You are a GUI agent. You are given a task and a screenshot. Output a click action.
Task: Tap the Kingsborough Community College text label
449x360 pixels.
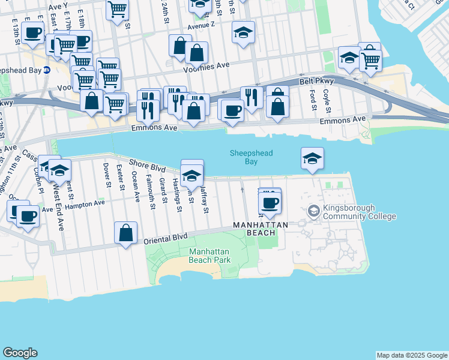coord(360,212)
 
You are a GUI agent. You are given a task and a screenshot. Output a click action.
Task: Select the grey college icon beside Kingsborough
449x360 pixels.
coord(313,211)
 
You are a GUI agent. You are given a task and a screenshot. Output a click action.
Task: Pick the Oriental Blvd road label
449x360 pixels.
coord(166,239)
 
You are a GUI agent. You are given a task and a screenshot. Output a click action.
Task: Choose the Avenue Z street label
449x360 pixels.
coord(200,26)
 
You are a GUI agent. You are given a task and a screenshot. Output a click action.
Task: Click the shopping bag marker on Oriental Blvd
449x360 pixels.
coord(125,233)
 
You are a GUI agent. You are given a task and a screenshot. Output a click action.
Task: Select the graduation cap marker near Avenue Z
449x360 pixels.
coord(244,32)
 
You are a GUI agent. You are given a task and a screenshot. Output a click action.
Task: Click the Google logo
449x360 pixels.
coord(20,353)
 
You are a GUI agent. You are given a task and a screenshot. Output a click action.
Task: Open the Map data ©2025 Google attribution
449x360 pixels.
coord(412,355)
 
